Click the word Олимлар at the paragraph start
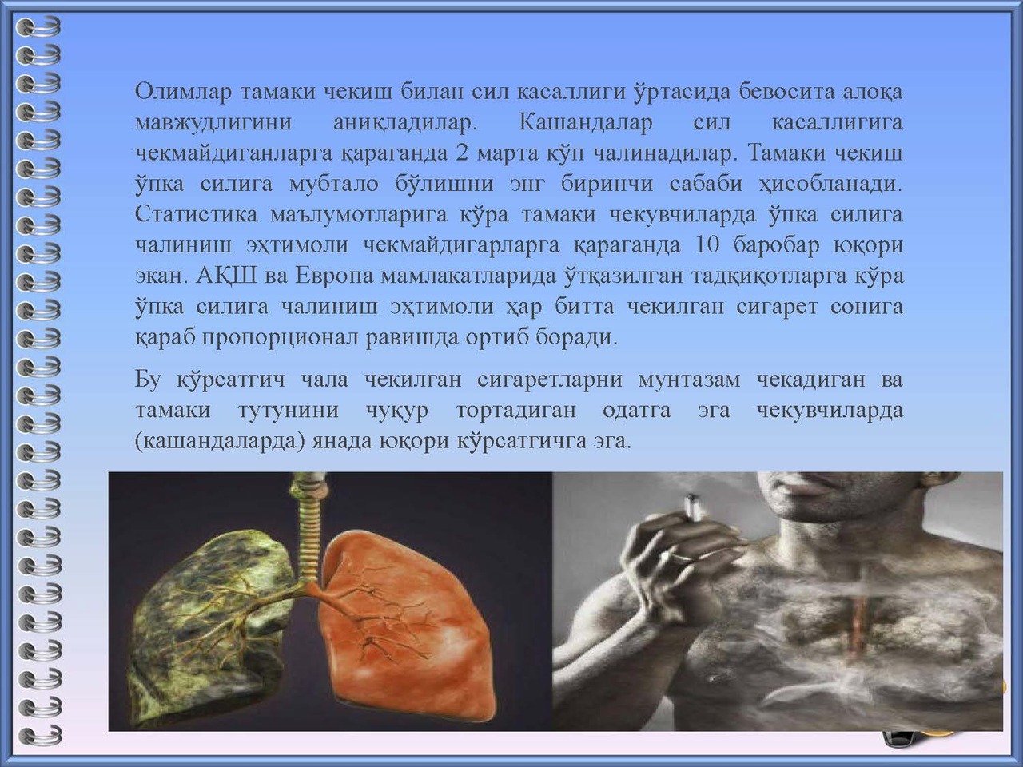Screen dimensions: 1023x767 [x=183, y=92]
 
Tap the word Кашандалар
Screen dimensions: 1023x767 [x=585, y=123]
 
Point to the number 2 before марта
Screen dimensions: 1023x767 [x=462, y=153]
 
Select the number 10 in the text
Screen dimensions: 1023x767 [x=707, y=245]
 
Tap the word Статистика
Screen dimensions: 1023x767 [x=197, y=214]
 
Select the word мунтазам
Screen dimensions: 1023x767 [x=689, y=380]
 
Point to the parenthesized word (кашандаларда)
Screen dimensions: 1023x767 [x=220, y=441]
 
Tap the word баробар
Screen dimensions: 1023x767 [x=776, y=245]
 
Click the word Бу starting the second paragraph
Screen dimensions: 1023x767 [x=148, y=379]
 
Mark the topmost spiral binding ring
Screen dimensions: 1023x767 [x=38, y=26]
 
